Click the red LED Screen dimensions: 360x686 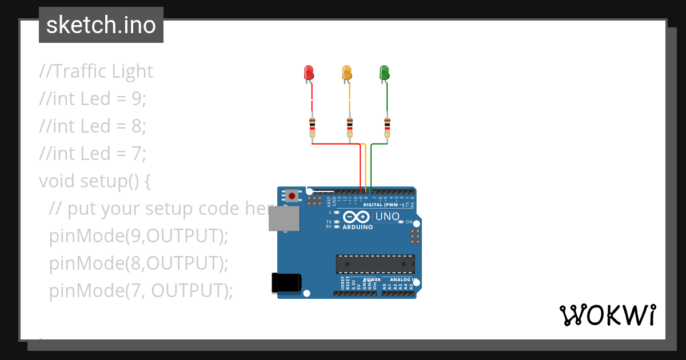coord(309,73)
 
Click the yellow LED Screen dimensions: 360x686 coord(346,73)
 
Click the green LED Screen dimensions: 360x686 coord(384,73)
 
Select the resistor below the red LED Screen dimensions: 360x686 coord(312,127)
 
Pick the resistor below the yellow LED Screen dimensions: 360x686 coord(350,127)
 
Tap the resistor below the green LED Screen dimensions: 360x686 coord(388,127)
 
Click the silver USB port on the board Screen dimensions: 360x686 coord(284,219)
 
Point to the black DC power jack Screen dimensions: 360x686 coord(286,283)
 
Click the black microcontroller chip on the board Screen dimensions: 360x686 coord(375,264)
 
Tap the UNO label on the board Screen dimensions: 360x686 coord(387,217)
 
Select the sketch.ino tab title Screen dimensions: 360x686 coord(101,25)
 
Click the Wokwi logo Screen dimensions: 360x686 coord(607,315)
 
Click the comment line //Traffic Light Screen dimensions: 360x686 coord(96,71)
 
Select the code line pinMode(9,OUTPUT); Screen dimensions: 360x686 coord(138,235)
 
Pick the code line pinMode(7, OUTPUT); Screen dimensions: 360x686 coord(141,290)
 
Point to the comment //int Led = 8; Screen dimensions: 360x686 coord(93,126)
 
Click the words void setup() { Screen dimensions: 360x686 coord(95,181)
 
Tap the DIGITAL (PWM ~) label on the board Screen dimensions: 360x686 coord(384,205)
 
